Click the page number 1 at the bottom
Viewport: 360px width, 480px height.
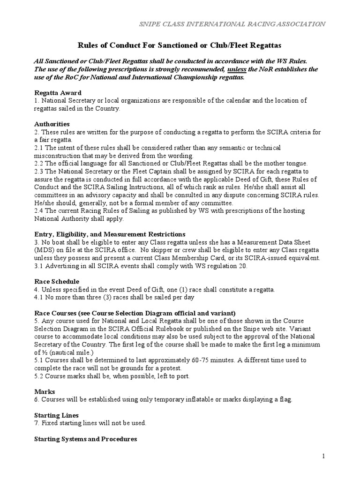pyautogui.click(x=323, y=456)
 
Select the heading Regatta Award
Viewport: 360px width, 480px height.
pyautogui.click(x=58, y=93)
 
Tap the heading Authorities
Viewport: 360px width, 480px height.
pyautogui.click(x=52, y=124)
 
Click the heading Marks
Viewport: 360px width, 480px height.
pyautogui.click(x=45, y=391)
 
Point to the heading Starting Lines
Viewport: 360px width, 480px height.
pyautogui.click(x=57, y=415)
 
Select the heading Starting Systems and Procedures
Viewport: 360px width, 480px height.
pyautogui.click(x=86, y=439)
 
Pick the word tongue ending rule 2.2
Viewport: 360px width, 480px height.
pyautogui.click(x=296, y=163)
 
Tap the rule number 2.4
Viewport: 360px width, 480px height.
pyautogui.click(x=40, y=210)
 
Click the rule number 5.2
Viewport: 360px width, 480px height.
pyautogui.click(x=40, y=376)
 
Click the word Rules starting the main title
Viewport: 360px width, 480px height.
pyautogui.click(x=87, y=45)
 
